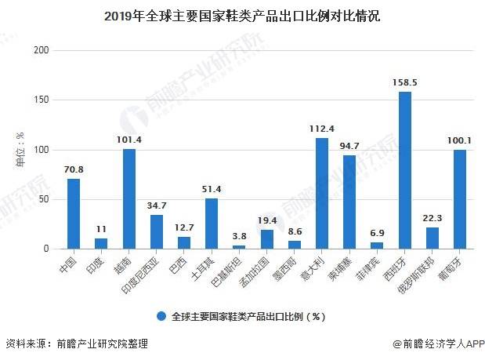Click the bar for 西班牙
pos(405,170)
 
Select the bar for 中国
pos(74,213)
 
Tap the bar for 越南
pos(129,198)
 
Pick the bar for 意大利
pos(322,193)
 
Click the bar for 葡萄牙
pos(460,199)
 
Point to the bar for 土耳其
pos(212,224)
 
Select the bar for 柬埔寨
pos(349,202)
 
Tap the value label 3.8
pos(239,235)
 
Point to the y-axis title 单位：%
pos(20,150)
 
